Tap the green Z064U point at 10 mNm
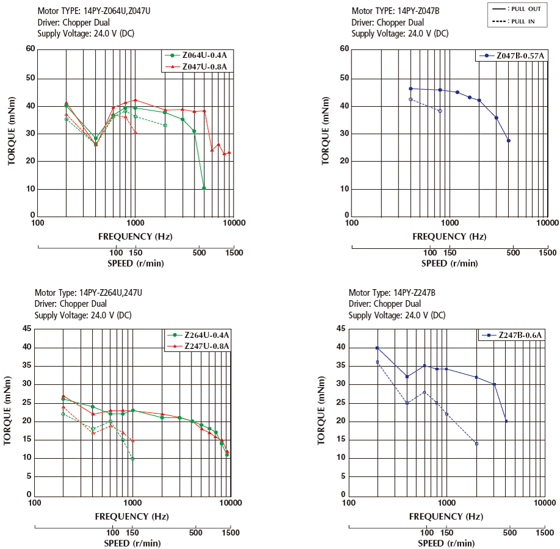204,188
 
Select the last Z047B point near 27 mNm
508,141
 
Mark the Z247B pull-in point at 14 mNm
476,443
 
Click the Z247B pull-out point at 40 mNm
377,348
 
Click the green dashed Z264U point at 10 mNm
132,458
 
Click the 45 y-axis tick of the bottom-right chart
340,329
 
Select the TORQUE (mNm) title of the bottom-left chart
8,412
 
